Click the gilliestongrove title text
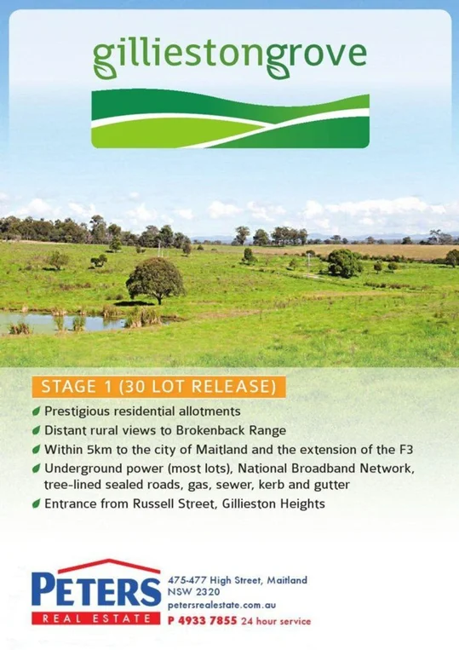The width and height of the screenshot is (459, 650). [x=229, y=55]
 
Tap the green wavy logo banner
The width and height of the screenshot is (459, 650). [x=230, y=119]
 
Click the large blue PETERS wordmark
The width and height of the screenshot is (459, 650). [x=95, y=590]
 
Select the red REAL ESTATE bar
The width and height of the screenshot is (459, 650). [x=95, y=618]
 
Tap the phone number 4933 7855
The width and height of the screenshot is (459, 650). [x=209, y=621]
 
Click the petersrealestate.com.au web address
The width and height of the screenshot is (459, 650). [x=215, y=604]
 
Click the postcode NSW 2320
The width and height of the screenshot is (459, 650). [x=194, y=591]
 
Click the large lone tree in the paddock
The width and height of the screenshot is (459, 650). [x=155, y=279]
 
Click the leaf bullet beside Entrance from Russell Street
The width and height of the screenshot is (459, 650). [x=36, y=503]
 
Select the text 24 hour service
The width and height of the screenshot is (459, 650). [x=277, y=621]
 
